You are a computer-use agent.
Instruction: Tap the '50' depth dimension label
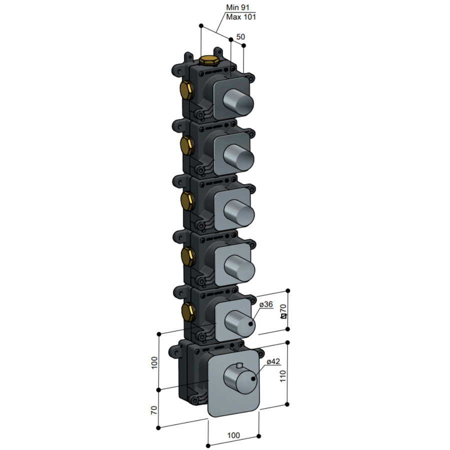[x=241, y=37]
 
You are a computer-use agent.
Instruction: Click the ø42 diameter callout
[x=273, y=361]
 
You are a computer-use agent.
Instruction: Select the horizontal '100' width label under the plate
[x=233, y=435]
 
